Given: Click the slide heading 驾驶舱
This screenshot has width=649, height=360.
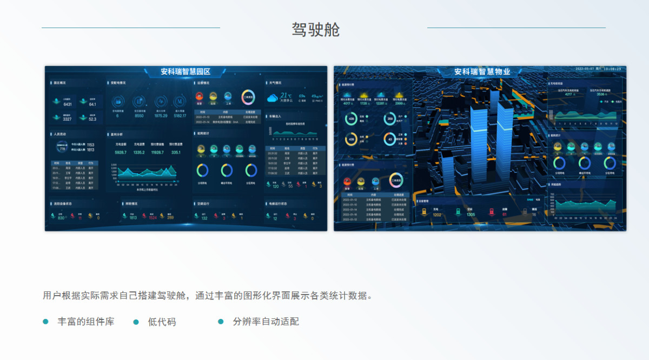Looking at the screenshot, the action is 316,29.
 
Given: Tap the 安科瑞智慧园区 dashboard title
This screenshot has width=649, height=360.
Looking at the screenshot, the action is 185,71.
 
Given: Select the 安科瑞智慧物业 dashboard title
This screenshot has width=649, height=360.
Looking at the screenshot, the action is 482,71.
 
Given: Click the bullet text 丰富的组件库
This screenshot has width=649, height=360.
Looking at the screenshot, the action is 86,322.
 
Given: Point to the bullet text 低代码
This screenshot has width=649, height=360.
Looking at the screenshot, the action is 162,322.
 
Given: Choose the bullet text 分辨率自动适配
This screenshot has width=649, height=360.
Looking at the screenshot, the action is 266,322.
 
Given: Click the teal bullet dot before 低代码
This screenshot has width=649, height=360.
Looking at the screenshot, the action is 136,322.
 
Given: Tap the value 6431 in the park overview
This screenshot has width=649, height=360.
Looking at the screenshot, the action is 68,104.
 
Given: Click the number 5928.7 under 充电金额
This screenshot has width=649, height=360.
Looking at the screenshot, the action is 121,153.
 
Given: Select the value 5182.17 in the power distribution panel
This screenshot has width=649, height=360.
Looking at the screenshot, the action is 180,115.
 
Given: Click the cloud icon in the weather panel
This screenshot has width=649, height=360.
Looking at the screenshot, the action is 273,98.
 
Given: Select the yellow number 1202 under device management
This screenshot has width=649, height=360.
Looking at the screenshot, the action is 437,215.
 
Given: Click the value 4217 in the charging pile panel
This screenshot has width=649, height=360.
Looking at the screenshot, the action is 568,94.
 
